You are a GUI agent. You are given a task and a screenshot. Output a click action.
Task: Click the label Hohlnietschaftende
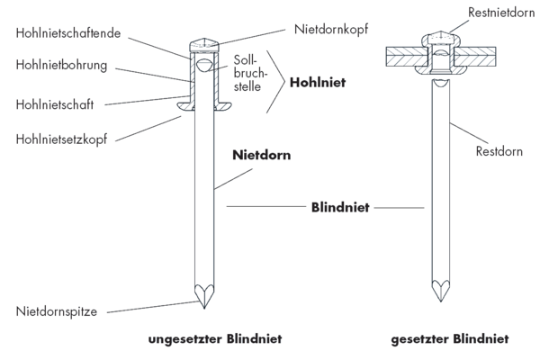pos(68,33)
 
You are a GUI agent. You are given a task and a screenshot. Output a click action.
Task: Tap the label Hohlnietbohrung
pos(61,65)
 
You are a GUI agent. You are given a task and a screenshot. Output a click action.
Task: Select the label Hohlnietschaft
pos(54,104)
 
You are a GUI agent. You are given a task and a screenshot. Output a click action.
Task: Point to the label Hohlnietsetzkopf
pos(61,139)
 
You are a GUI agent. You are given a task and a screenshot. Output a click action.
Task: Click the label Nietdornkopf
pos(331,30)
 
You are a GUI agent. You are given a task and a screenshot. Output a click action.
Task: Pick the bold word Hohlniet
pos(318,82)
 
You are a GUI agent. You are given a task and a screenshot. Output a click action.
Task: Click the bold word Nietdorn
pos(261,155)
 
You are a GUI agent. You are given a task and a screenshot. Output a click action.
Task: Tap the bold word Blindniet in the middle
pos(340,207)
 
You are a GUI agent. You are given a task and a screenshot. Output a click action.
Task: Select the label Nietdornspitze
pos(57,311)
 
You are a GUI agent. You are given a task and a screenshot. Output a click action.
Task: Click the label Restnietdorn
pos(501,13)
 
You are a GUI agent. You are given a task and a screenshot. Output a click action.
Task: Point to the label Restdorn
pos(499,151)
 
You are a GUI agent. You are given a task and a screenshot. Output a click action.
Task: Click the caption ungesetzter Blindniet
pos(215,339)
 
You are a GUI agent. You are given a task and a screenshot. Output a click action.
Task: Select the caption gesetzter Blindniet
pos(450,339)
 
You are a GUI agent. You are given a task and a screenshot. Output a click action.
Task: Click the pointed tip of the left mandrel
pos(204,309)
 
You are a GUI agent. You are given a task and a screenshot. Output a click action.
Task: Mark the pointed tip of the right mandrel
pos(440,301)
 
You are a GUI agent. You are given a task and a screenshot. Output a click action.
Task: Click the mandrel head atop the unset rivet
pos(204,45)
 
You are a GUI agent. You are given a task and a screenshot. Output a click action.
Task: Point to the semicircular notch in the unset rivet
pos(204,64)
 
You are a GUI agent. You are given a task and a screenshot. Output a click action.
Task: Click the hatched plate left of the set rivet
pos(407,57)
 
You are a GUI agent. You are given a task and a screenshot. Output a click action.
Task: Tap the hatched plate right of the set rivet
pos(475,57)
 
